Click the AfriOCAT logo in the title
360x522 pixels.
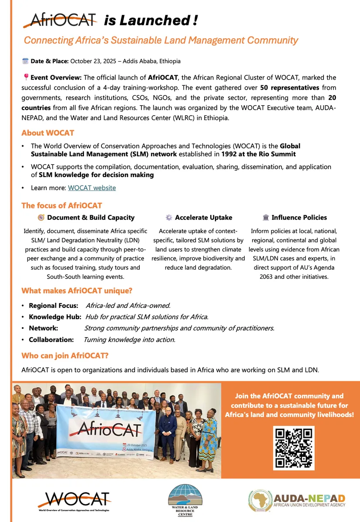coord(60,20)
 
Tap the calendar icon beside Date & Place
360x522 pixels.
coord(25,61)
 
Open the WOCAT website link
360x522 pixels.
coord(92,188)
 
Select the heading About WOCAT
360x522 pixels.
coord(48,133)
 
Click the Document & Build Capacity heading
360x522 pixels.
coord(91,217)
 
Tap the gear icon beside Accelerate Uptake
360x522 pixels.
coord(169,217)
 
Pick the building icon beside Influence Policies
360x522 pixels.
coord(266,217)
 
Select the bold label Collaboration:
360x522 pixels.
coord(51,339)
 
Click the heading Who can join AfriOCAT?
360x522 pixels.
coord(65,356)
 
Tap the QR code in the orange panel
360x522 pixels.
coord(293,448)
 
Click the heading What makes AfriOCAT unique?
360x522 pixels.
coord(77,291)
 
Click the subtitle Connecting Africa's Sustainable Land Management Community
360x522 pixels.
coord(161,40)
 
